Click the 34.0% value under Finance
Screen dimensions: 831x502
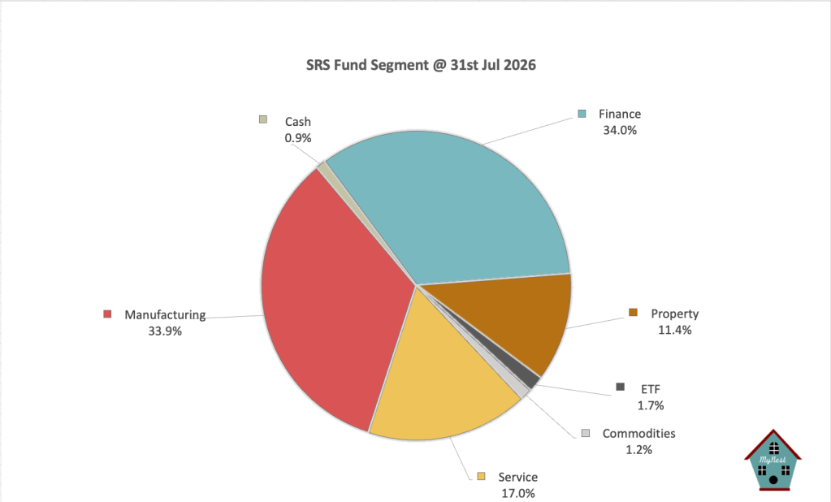(620, 131)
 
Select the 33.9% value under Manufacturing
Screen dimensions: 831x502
(165, 331)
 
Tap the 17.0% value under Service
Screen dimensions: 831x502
(518, 494)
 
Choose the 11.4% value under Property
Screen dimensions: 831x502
(675, 331)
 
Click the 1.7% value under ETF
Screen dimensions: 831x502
(651, 405)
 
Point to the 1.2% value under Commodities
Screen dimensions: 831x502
(638, 450)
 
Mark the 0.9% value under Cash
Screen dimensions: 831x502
(298, 138)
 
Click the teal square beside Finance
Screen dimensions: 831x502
(582, 114)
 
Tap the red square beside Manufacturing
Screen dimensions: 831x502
(107, 314)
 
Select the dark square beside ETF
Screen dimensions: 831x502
(620, 387)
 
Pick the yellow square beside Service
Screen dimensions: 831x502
(481, 476)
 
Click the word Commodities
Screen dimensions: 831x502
(638, 434)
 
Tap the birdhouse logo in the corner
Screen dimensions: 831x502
(773, 460)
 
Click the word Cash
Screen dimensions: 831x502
(298, 122)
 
